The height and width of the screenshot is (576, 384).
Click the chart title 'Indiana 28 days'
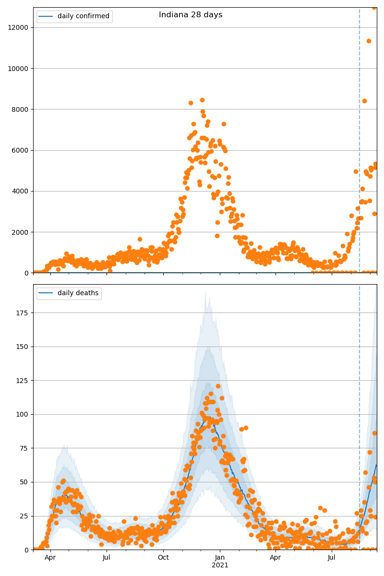pyautogui.click(x=191, y=15)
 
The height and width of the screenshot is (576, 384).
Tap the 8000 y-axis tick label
pyautogui.click(x=21, y=109)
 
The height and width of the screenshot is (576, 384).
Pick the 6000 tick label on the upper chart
pyautogui.click(x=21, y=150)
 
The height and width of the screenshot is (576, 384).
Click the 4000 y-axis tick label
pyautogui.click(x=21, y=191)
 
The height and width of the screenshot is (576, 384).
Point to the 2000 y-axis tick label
pyautogui.click(x=21, y=232)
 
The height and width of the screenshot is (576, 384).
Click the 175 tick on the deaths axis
pyautogui.click(x=23, y=313)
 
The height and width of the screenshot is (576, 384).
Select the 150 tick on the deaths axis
pyautogui.click(x=23, y=347)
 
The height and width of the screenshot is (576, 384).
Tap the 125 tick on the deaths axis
pyautogui.click(x=23, y=381)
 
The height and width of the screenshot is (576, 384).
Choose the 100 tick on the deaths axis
pyautogui.click(x=23, y=414)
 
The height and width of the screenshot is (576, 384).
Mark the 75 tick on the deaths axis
pyautogui.click(x=24, y=448)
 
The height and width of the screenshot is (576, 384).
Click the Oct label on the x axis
pyautogui.click(x=163, y=558)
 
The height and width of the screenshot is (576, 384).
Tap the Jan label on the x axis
pyautogui.click(x=220, y=558)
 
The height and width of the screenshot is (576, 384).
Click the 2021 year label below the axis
pyautogui.click(x=220, y=565)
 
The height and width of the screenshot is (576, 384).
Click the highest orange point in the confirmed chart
pyautogui.click(x=374, y=7)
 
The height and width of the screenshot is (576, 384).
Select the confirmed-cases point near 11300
pyautogui.click(x=369, y=41)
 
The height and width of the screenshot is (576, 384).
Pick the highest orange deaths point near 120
pyautogui.click(x=218, y=386)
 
